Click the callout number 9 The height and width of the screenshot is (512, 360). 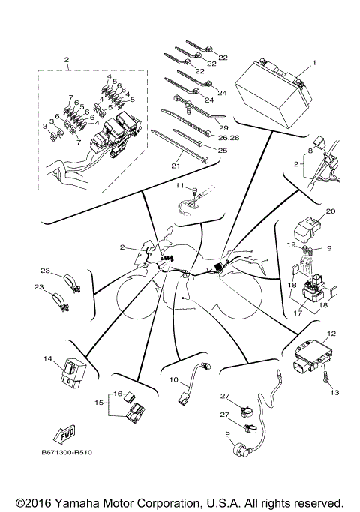tap(228, 434)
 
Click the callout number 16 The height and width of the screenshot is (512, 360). tap(116, 393)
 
